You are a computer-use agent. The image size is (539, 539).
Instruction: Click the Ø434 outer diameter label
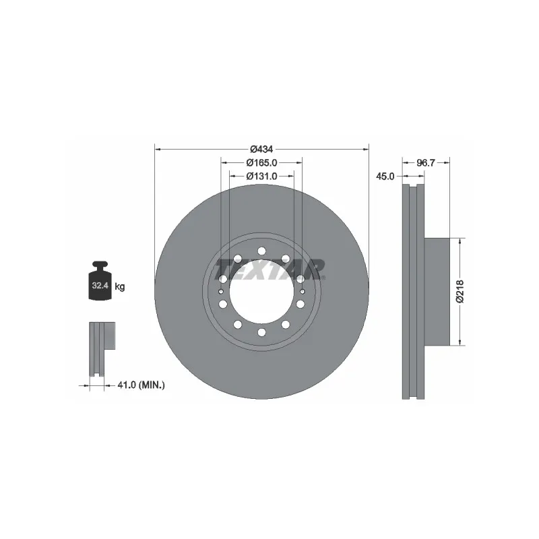(261, 149)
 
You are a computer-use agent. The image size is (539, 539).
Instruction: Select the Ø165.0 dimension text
(261, 162)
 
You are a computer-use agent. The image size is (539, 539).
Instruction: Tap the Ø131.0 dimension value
(261, 176)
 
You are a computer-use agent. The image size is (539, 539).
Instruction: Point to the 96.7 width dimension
(425, 162)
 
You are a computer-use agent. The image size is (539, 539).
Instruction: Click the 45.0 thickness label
(385, 177)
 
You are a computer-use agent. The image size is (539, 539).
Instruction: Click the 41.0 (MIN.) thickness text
(141, 385)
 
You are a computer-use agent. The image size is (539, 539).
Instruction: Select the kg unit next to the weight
(120, 287)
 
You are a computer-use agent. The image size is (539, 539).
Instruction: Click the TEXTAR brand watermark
(269, 272)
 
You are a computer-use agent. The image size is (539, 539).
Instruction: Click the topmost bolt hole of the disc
(261, 251)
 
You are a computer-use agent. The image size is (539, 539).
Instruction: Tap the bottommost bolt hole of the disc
(261, 332)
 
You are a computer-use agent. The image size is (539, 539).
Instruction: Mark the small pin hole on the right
(303, 291)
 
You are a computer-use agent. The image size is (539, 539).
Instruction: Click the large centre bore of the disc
(261, 292)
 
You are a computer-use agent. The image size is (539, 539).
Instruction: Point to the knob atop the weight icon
(100, 265)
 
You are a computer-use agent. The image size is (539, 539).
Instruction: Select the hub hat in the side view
(436, 291)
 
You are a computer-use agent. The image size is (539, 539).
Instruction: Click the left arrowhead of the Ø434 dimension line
(158, 148)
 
